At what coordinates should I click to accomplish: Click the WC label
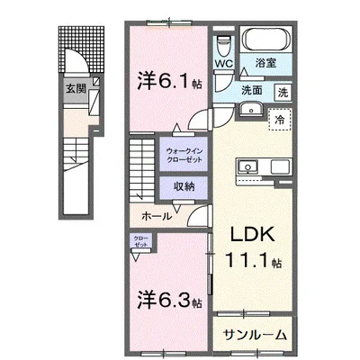click(223, 64)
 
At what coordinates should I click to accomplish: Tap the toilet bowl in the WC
click(223, 44)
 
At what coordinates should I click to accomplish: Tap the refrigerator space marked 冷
click(279, 119)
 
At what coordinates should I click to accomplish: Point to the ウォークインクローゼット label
click(184, 155)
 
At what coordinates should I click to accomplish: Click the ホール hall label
click(157, 217)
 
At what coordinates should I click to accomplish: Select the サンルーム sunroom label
click(256, 334)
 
